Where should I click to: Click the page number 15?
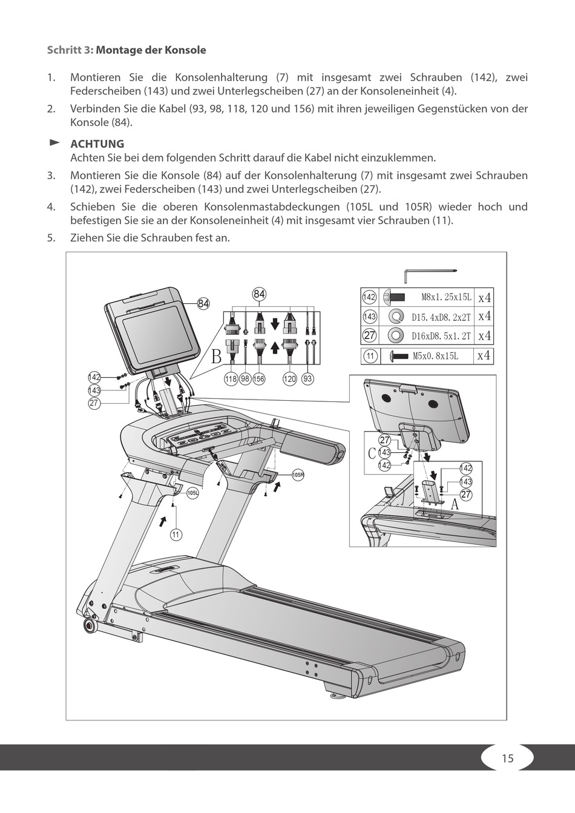[x=507, y=758]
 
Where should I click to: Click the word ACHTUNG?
[x=97, y=144]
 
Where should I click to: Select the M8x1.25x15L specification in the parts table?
[x=445, y=298]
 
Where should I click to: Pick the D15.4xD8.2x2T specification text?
[x=441, y=317]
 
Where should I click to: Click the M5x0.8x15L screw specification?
[x=436, y=356]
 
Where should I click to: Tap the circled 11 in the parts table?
[x=370, y=356]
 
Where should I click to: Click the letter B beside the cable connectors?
[x=216, y=357]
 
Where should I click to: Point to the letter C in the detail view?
[x=372, y=453]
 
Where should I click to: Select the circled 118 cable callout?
[x=231, y=379]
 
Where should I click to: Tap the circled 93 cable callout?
[x=307, y=379]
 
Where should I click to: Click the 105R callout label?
[x=298, y=475]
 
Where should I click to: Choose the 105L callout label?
[x=192, y=493]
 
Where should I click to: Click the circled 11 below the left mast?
[x=176, y=535]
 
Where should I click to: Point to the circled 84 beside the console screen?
[x=203, y=304]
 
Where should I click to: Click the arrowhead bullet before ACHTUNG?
[x=54, y=143]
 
